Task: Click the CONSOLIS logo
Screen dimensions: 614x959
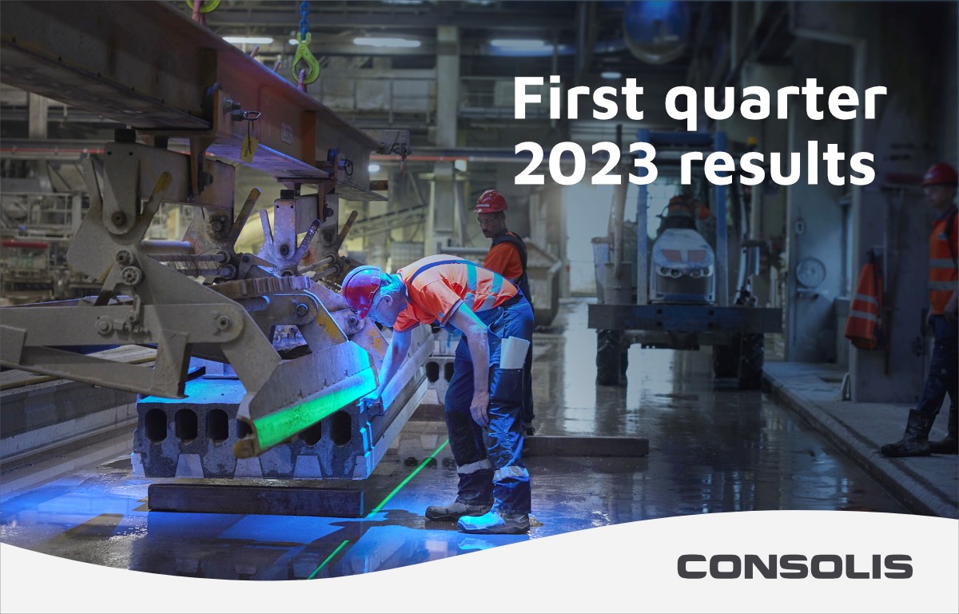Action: click(794, 567)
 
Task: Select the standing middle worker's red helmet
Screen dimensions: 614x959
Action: click(490, 201)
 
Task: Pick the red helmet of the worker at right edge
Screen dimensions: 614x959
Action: click(941, 174)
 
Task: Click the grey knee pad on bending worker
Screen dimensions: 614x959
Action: click(514, 353)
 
